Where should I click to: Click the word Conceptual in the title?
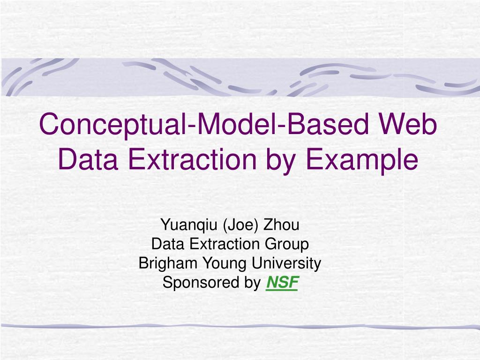point(111,125)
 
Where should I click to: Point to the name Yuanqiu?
point(189,225)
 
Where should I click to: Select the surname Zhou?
point(281,225)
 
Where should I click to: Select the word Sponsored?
point(195,283)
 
